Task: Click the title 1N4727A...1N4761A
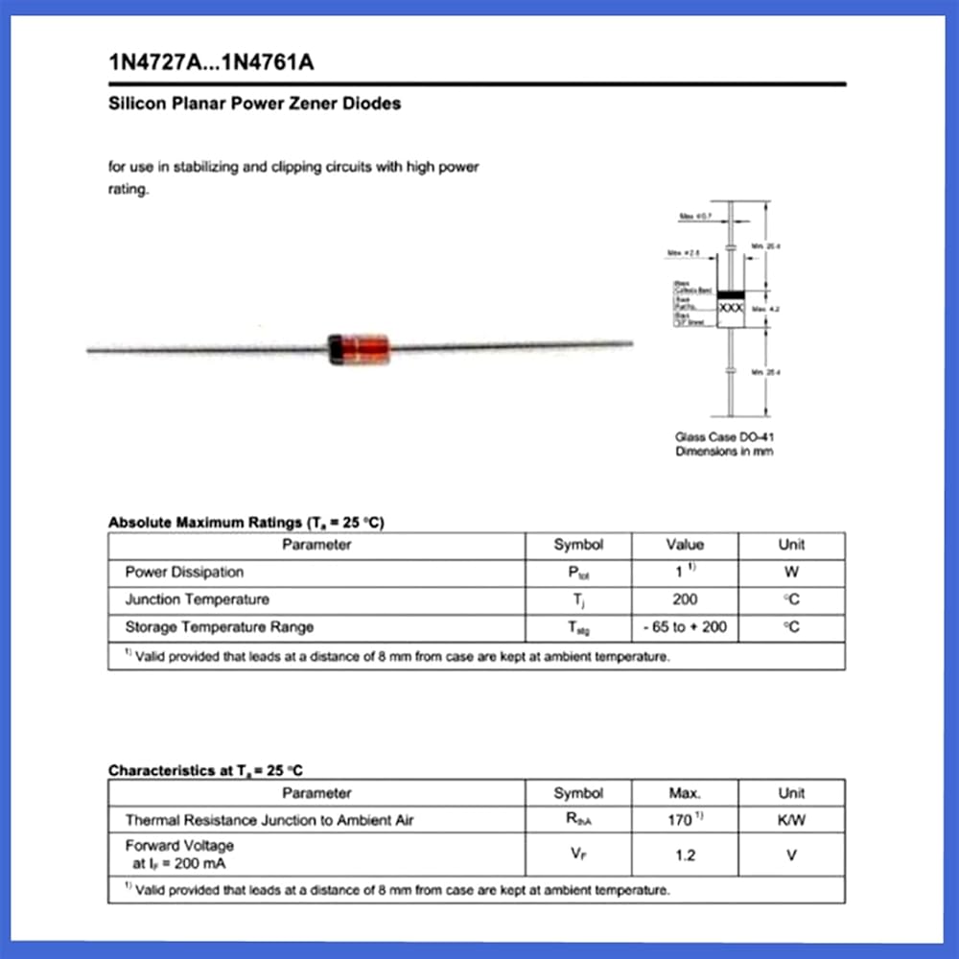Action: pyautogui.click(x=212, y=64)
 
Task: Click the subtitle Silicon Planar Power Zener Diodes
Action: pyautogui.click(x=254, y=104)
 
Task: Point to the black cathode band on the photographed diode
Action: pyautogui.click(x=336, y=349)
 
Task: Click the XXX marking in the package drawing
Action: pyautogui.click(x=732, y=309)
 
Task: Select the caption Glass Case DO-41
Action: pyautogui.click(x=724, y=437)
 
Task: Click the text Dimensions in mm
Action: pyautogui.click(x=724, y=452)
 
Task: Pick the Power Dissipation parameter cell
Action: pyautogui.click(x=184, y=573)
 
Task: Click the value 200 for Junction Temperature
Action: pyautogui.click(x=685, y=600)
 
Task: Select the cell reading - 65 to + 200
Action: pyautogui.click(x=685, y=628)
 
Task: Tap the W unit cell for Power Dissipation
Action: pyautogui.click(x=791, y=573)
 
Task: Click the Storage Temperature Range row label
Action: pyautogui.click(x=219, y=628)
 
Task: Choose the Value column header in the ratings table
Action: pyautogui.click(x=685, y=545)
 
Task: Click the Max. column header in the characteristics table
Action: pyautogui.click(x=685, y=794)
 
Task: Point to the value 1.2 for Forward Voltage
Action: pyautogui.click(x=685, y=854)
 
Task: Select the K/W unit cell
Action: pyautogui.click(x=791, y=821)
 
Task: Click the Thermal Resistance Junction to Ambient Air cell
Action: pyautogui.click(x=269, y=821)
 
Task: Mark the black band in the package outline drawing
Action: pyautogui.click(x=732, y=293)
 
